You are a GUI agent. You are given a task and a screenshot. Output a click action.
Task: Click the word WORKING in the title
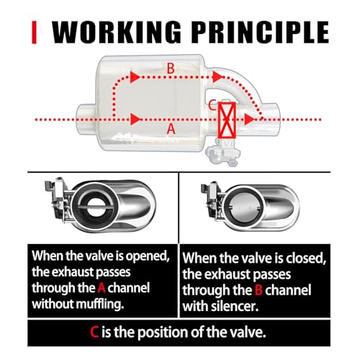117,32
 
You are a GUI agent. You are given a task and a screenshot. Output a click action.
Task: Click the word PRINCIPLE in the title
260,32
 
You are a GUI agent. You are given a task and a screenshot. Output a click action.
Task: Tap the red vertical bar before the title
34,32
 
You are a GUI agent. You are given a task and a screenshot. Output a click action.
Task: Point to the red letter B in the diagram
171,68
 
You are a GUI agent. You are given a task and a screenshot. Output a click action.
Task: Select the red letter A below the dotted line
171,129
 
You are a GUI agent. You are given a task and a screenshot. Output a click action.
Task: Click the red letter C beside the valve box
212,105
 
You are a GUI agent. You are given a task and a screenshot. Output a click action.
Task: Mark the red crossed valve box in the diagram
227,120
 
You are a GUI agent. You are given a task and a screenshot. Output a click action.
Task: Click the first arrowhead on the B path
135,77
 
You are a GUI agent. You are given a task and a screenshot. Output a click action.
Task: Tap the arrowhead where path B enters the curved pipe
218,77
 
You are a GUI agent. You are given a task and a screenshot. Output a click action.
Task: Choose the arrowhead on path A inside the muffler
135,119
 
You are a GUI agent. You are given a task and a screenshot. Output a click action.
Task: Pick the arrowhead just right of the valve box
249,120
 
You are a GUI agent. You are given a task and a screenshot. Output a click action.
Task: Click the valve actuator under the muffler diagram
223,153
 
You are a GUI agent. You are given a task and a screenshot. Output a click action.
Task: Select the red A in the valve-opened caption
102,288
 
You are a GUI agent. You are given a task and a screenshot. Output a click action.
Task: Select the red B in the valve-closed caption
258,290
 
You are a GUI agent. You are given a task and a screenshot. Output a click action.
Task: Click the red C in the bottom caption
94,333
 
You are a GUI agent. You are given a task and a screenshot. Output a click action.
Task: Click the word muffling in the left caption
100,304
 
